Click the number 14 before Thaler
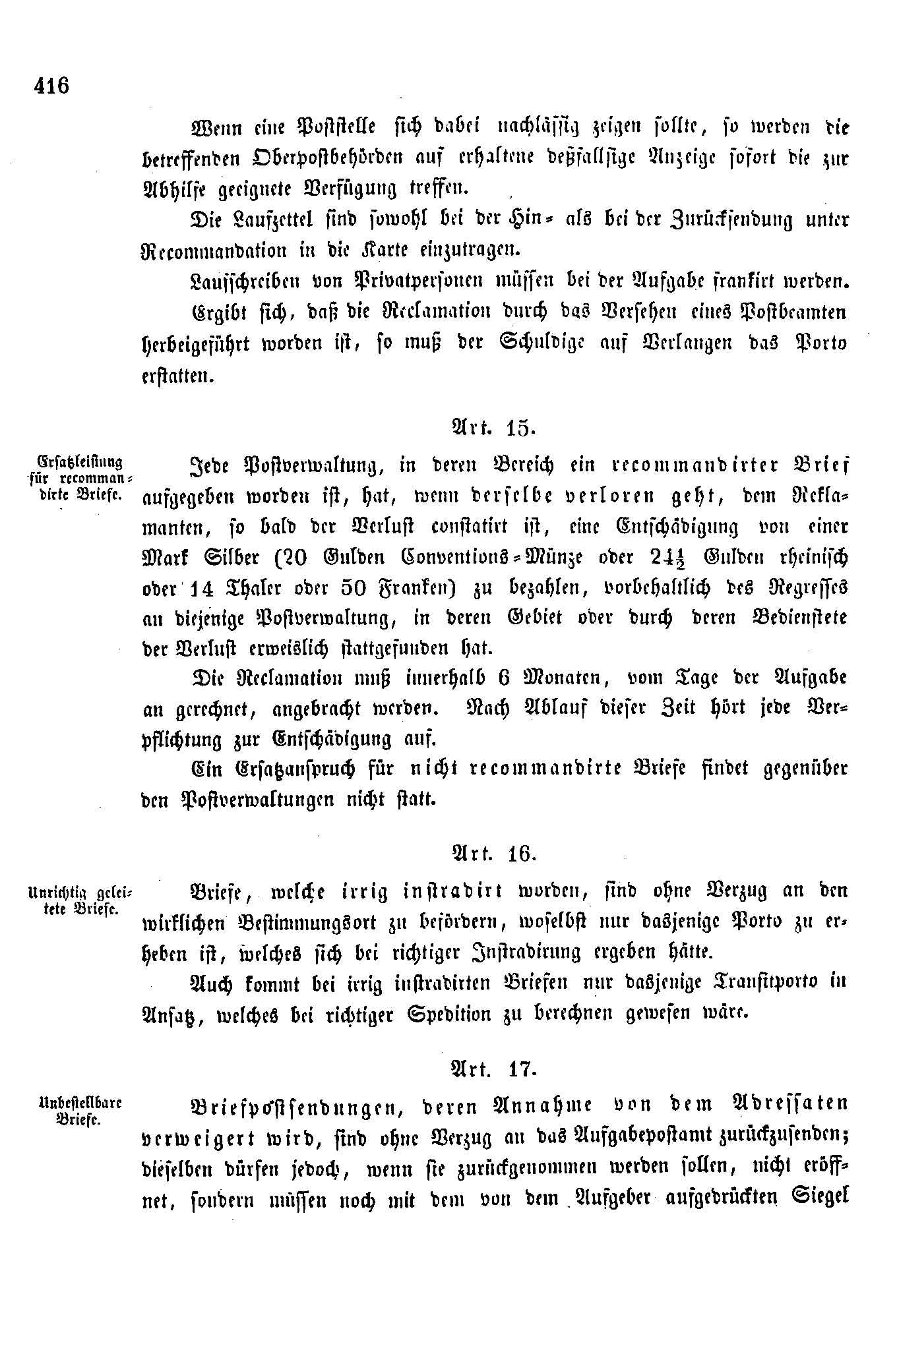point(202,588)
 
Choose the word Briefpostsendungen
point(296,1106)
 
